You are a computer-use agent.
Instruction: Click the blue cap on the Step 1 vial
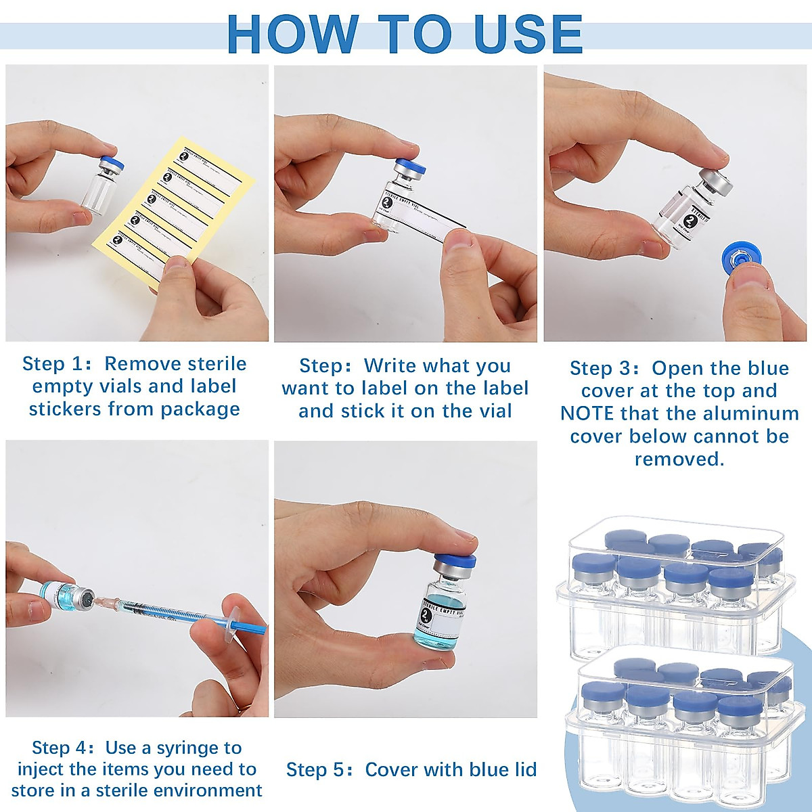point(108,164)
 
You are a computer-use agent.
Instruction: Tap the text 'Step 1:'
point(57,364)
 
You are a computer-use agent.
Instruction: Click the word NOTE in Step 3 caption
point(587,413)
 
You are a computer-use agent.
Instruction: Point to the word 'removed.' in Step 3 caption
point(679,459)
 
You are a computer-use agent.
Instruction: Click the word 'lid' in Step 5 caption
point(524,770)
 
